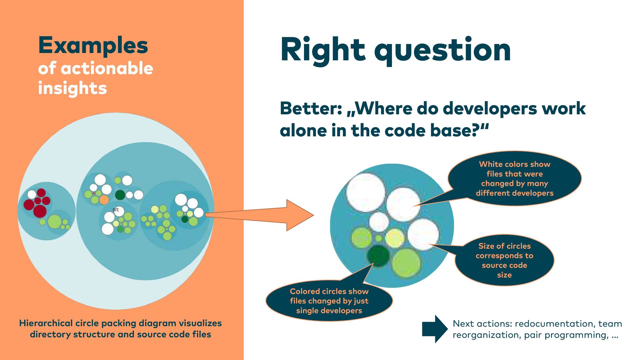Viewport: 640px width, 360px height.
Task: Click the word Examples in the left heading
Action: (x=93, y=45)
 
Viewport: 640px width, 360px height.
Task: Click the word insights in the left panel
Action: (x=72, y=88)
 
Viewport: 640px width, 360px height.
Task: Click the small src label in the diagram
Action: (x=116, y=210)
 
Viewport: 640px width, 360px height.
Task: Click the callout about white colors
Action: (x=514, y=179)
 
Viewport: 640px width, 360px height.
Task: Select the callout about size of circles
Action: (x=504, y=260)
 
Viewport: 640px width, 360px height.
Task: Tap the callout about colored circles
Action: (x=329, y=301)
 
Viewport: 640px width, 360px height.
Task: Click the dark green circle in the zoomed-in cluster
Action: (x=378, y=256)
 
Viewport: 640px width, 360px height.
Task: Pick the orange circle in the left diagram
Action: (x=104, y=200)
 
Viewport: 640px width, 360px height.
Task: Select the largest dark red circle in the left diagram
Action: (x=40, y=211)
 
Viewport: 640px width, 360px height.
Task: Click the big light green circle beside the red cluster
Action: (x=54, y=222)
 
